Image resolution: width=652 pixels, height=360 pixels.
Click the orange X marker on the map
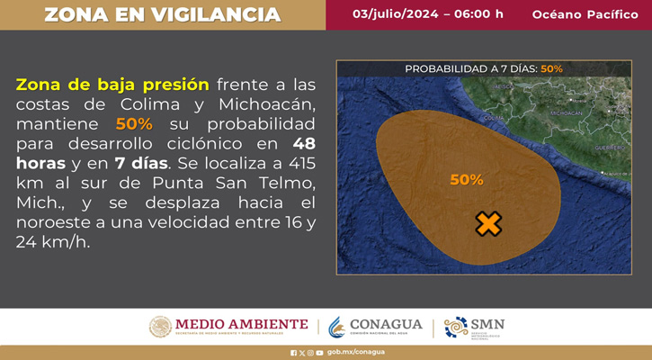(x=487, y=224)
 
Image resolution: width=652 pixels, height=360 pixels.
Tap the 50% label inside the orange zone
(x=466, y=180)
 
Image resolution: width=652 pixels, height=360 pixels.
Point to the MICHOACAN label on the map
(x=566, y=113)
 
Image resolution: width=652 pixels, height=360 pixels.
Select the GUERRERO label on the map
(x=609, y=147)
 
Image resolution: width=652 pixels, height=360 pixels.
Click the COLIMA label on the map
(x=494, y=118)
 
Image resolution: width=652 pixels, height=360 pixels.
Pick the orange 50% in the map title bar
(x=551, y=68)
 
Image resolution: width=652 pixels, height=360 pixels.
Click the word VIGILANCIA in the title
(x=218, y=15)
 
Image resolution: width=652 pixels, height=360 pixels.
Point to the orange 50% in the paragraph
(x=134, y=124)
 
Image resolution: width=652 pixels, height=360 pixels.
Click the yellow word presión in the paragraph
(x=171, y=85)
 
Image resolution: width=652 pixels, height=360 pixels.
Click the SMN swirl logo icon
(x=456, y=327)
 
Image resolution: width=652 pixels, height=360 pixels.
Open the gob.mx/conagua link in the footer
(x=356, y=353)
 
